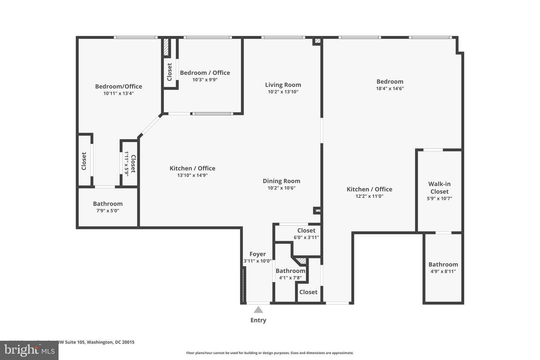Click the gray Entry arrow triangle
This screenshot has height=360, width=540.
(x=258, y=310)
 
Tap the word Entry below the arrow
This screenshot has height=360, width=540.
(x=258, y=320)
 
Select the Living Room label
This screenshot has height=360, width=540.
(x=283, y=85)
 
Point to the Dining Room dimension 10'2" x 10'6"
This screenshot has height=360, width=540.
(x=281, y=188)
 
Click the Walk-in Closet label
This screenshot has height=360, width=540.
(x=439, y=187)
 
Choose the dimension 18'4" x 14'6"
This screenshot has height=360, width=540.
(x=390, y=89)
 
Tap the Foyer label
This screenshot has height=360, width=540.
(x=258, y=254)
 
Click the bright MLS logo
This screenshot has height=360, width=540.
(x=29, y=350)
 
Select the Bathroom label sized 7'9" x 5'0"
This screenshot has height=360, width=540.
(x=108, y=204)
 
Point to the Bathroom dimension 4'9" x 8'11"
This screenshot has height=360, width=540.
(x=443, y=271)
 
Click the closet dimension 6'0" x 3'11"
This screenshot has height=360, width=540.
(x=306, y=237)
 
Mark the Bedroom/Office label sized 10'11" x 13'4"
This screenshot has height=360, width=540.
(x=118, y=86)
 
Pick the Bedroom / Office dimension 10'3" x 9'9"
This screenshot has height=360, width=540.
(x=205, y=79)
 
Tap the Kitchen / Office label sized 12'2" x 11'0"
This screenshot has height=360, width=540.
(x=369, y=189)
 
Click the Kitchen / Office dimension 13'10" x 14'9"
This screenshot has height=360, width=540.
(x=192, y=175)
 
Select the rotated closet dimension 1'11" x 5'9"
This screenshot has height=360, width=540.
(x=127, y=163)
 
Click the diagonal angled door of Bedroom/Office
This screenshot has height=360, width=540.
(x=150, y=126)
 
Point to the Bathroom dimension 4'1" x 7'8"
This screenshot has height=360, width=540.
(x=290, y=278)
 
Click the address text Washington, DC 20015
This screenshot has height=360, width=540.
(x=111, y=342)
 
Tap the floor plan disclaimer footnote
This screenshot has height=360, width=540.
(x=270, y=353)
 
